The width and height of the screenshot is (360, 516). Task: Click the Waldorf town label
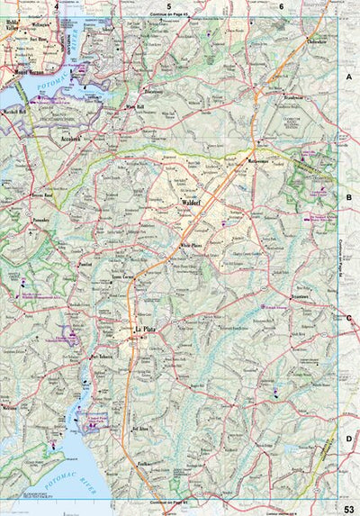tap(190, 204)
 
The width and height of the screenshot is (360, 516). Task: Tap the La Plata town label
tap(144, 331)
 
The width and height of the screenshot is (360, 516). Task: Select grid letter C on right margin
tap(348, 317)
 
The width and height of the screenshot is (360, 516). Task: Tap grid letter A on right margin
tap(348, 78)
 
